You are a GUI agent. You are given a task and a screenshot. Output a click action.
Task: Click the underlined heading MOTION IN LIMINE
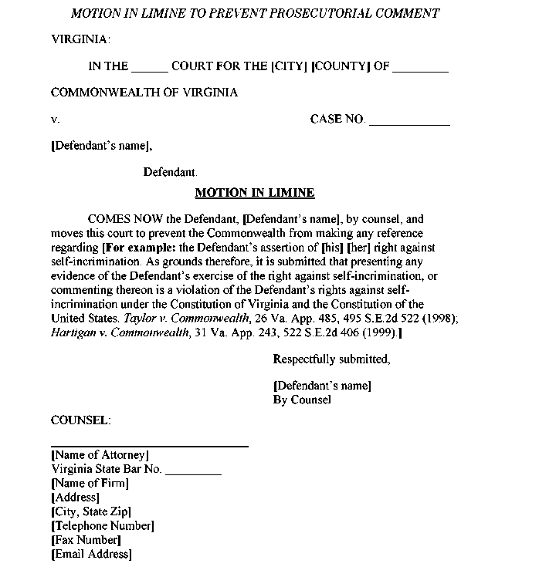coord(255,193)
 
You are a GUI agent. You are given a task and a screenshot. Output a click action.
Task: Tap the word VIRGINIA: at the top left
coord(80,39)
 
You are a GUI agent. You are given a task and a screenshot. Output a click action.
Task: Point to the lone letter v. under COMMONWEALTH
coord(55,120)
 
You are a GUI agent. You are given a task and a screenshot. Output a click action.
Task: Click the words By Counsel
coord(302,400)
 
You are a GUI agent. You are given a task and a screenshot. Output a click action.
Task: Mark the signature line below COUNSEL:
coord(150,446)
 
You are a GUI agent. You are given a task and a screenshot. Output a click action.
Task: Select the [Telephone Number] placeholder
coord(103,526)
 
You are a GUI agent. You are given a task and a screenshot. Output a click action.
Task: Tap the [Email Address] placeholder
coord(91,554)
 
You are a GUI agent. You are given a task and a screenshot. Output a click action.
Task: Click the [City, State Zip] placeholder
coord(91,511)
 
